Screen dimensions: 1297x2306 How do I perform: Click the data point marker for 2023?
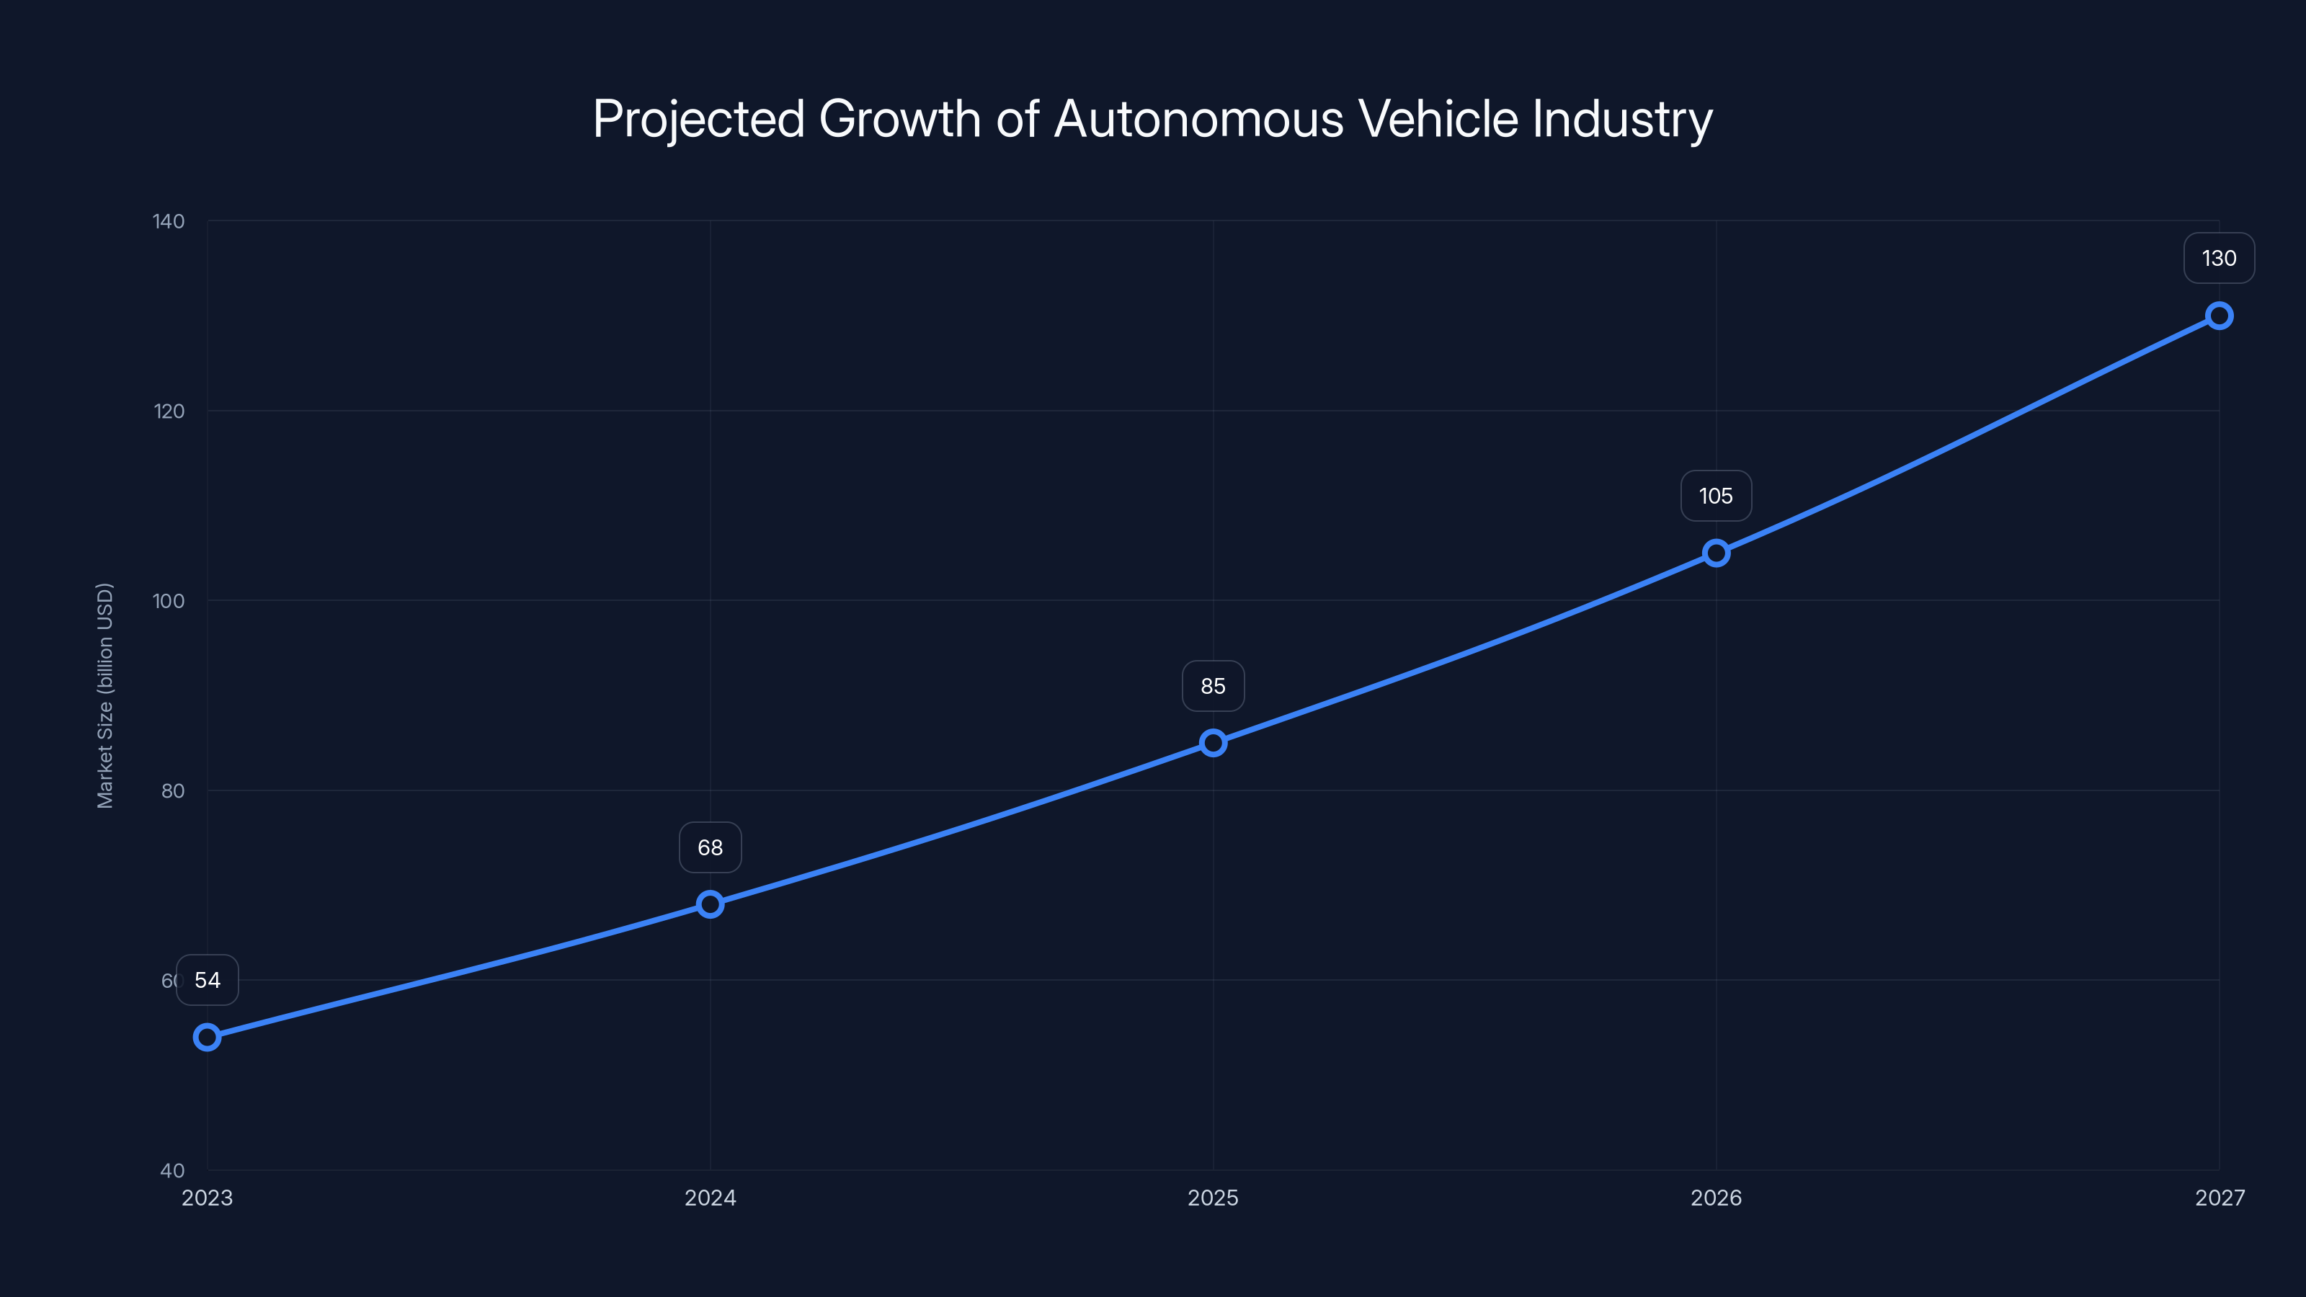pos(207,1038)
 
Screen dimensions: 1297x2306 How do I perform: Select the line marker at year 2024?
pos(710,904)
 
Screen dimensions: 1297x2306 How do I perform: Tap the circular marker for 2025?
pos(1213,743)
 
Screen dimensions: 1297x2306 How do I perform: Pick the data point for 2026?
pos(1716,553)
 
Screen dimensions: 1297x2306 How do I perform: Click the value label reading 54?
pos(208,980)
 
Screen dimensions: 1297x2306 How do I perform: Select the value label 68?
pos(710,847)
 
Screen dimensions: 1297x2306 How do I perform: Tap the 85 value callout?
pos(1213,687)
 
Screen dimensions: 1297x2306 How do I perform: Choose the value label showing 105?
pos(1716,496)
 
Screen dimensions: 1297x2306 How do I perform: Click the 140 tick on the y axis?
pos(169,221)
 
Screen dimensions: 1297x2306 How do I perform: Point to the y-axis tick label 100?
pos(169,601)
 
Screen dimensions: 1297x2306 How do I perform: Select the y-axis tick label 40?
pos(172,1170)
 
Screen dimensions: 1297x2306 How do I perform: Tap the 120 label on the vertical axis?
pos(169,411)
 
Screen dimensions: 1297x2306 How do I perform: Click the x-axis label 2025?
pos(1213,1198)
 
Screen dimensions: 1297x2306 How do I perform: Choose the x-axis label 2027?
pos(2220,1198)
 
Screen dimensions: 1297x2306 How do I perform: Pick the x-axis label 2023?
pos(207,1198)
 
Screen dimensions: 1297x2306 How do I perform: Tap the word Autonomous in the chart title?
pos(1198,119)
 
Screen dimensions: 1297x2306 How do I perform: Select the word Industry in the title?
pos(1622,119)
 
